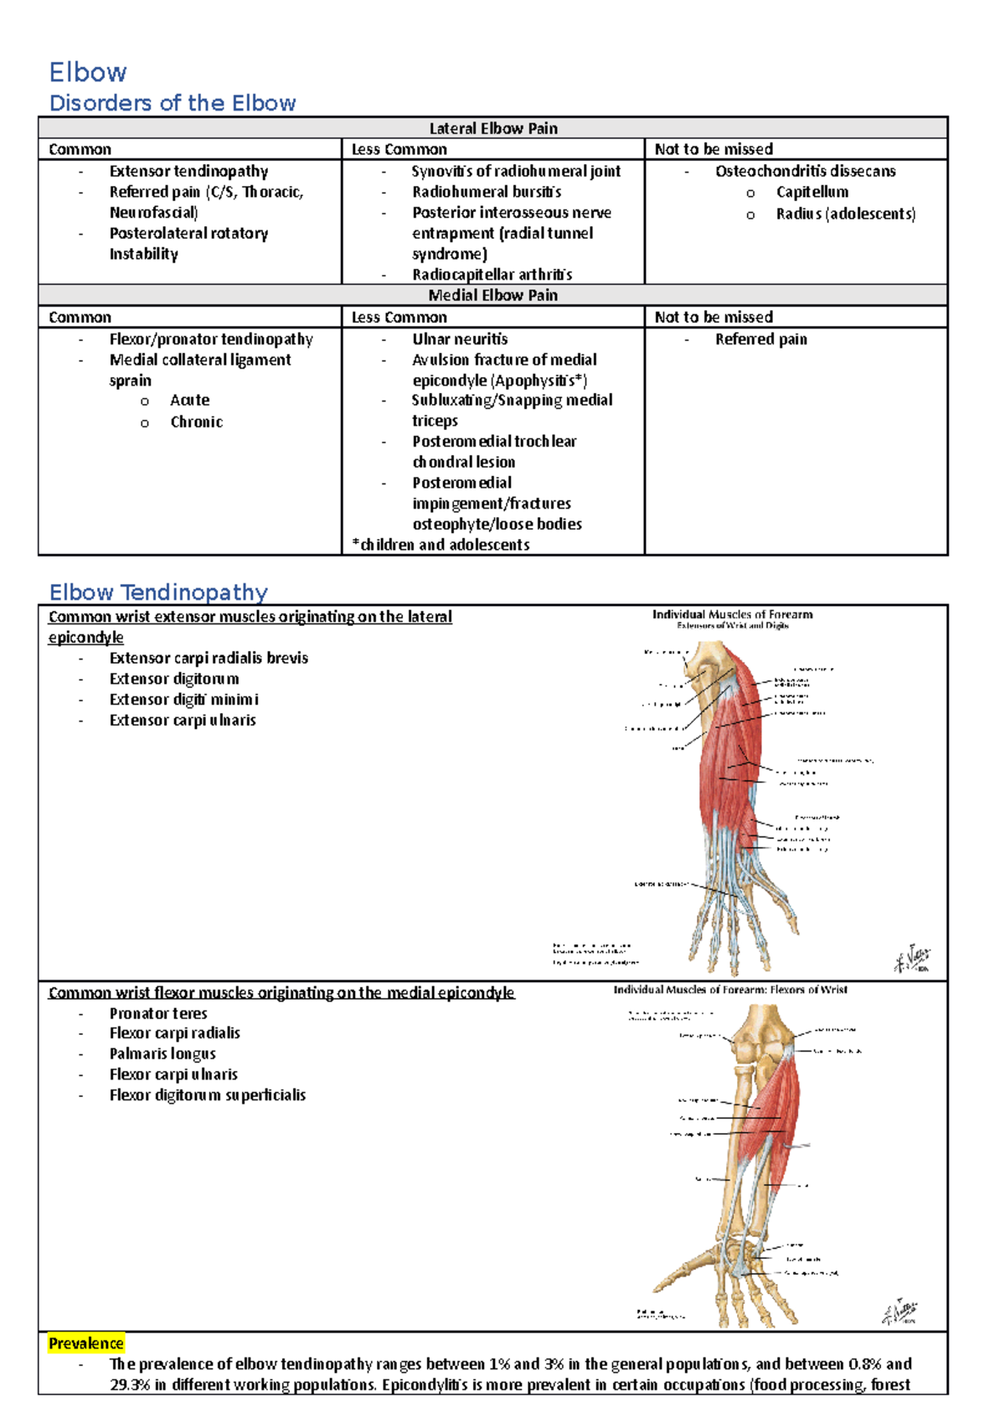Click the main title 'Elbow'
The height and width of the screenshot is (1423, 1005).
(88, 72)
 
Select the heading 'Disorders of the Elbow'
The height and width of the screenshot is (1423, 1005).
(173, 103)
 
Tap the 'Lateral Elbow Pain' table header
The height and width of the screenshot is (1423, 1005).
(492, 128)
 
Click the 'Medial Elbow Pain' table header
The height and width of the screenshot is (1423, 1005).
(492, 295)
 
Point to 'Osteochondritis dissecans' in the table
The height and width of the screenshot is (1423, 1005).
(805, 171)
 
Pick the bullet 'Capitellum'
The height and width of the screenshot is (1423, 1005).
(812, 192)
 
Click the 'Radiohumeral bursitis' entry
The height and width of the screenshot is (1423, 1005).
(487, 192)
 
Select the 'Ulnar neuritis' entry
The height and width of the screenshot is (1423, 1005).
(460, 339)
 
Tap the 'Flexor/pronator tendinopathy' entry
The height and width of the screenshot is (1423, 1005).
(211, 339)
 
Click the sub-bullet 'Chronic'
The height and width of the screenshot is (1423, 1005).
(197, 422)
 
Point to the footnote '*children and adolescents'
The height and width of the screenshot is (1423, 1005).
(441, 545)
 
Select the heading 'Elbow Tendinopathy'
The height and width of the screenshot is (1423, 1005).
(158, 592)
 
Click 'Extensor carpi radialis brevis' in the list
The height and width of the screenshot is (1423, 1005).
(209, 659)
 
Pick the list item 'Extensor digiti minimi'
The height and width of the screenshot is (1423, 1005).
(183, 700)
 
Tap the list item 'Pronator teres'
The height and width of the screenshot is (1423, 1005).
(158, 1013)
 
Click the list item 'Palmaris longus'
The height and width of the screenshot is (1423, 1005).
(162, 1054)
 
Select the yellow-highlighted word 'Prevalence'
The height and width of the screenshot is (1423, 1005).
(85, 1343)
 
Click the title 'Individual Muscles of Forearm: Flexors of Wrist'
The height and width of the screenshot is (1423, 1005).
(730, 990)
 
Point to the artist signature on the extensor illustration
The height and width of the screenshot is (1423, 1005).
(911, 959)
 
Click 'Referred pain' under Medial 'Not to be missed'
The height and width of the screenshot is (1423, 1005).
(760, 339)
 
